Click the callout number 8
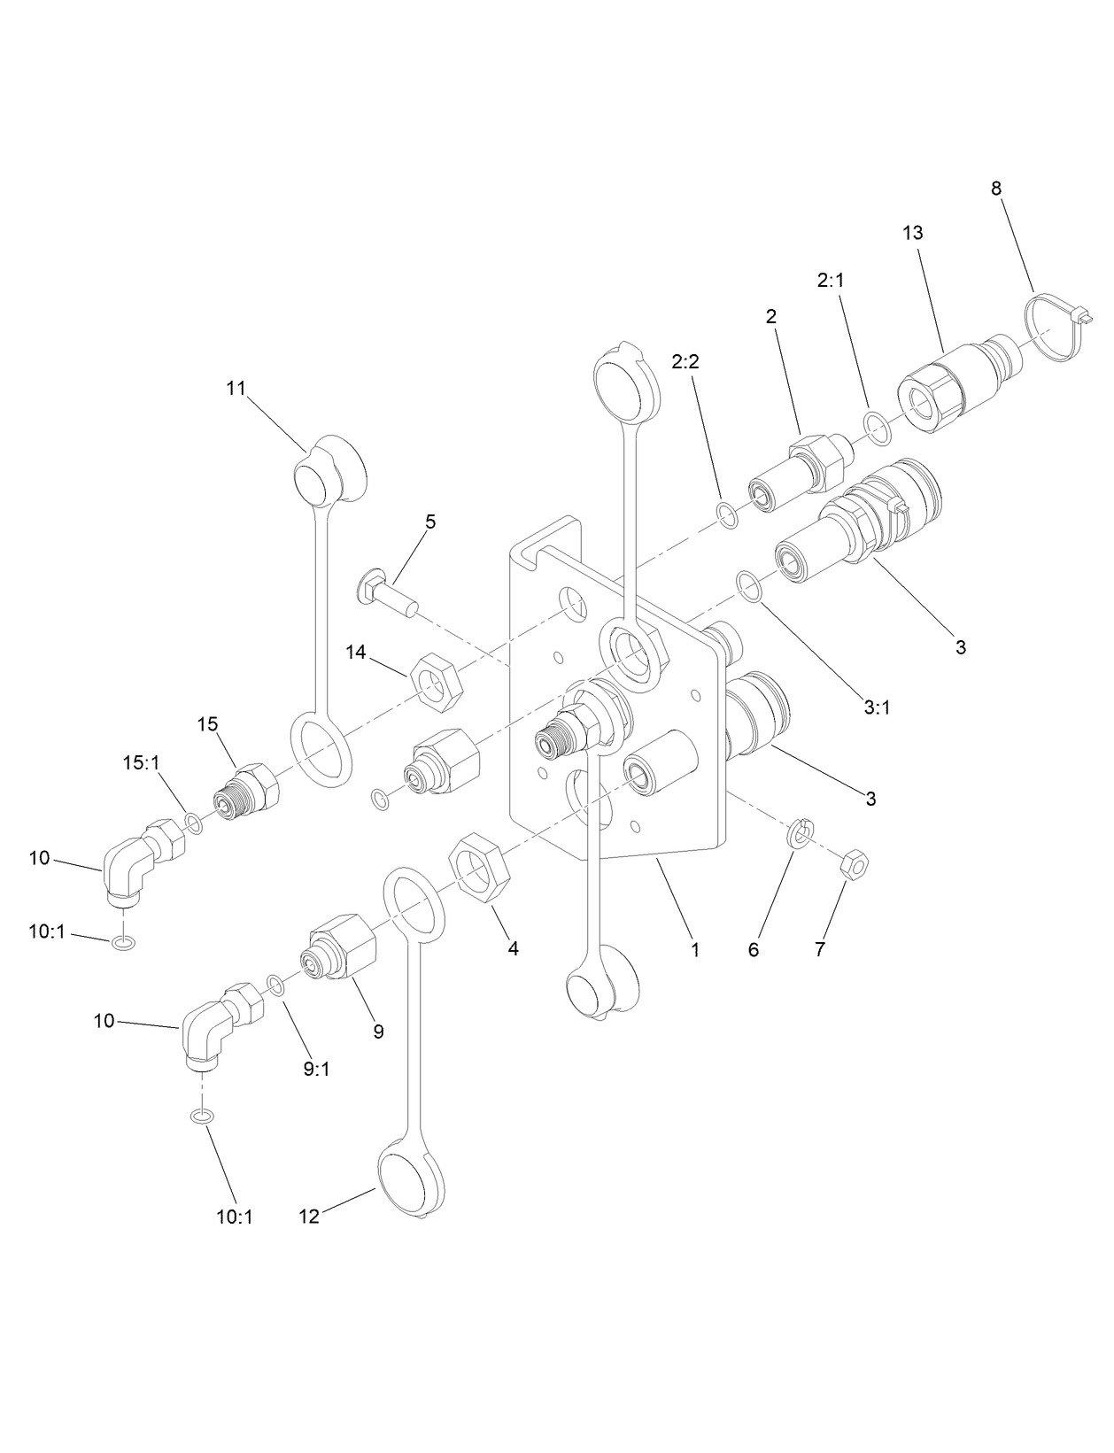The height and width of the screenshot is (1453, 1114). [x=996, y=189]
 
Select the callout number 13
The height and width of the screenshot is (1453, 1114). [x=913, y=233]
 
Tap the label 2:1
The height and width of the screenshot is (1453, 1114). [x=831, y=280]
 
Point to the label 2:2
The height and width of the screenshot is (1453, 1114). [x=685, y=361]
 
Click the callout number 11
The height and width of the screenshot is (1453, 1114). [x=236, y=389]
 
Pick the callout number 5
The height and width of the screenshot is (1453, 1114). [x=430, y=522]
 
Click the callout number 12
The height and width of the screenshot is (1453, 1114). [x=308, y=1217]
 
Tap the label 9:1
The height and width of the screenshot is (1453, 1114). [x=316, y=1069]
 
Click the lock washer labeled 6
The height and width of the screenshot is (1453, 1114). [x=801, y=832]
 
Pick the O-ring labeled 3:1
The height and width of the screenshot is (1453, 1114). [x=750, y=586]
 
